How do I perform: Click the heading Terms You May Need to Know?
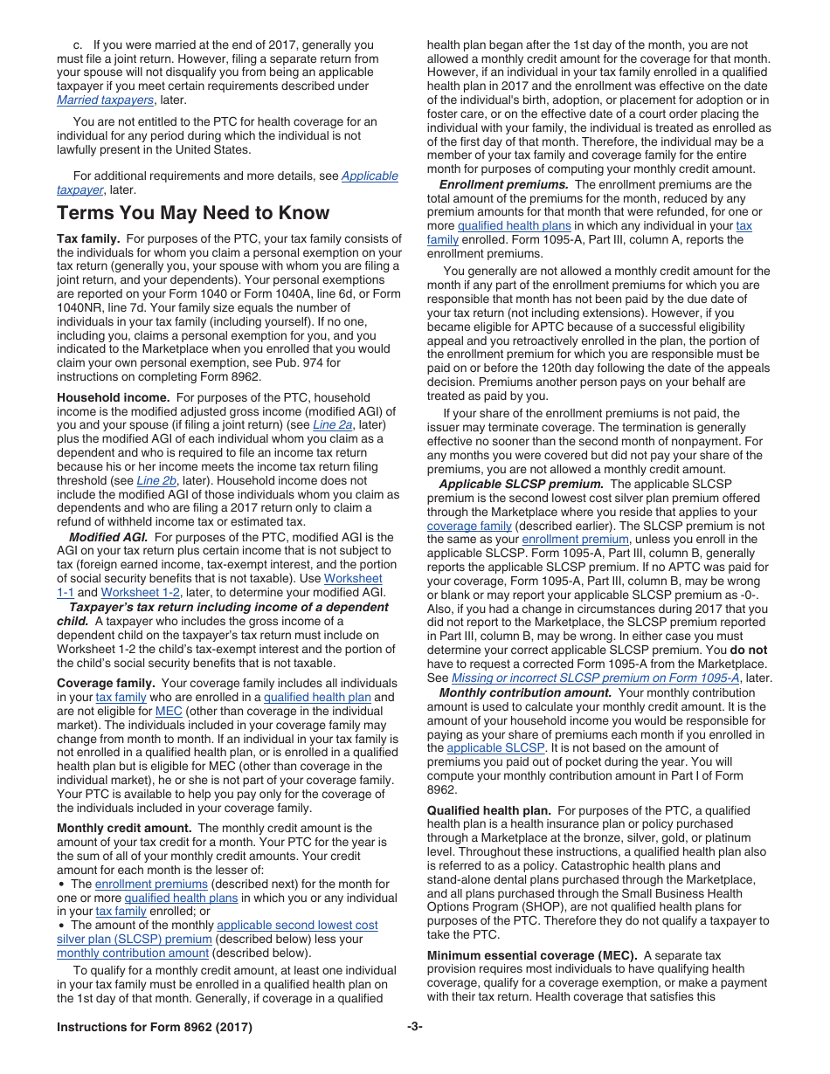click(x=193, y=213)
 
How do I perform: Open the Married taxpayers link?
click(x=105, y=100)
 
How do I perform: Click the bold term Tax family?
click(x=88, y=239)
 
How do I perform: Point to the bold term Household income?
click(x=113, y=397)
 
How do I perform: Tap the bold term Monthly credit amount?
click(x=124, y=829)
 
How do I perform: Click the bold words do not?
click(x=749, y=651)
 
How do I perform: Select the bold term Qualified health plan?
click(x=488, y=810)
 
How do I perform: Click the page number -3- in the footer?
click(x=414, y=1028)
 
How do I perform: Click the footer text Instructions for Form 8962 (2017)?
click(x=155, y=1028)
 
